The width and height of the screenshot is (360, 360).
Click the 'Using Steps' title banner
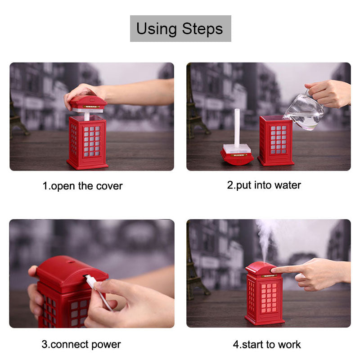pos(180,28)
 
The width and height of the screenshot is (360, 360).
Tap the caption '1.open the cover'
pos(82,186)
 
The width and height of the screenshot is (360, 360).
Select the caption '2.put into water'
pos(264,185)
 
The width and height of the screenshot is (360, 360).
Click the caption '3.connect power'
pos(81,344)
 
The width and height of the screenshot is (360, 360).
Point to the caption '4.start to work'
pos(266,344)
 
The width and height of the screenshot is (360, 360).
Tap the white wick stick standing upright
pos(237,128)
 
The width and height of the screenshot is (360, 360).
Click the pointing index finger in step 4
pos(285,269)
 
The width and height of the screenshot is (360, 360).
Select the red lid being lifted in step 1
pos(88,104)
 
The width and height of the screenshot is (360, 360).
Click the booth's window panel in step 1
pos(92,141)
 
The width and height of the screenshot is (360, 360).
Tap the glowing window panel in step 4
pos(269,298)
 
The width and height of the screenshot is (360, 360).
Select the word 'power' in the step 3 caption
pos(106,345)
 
